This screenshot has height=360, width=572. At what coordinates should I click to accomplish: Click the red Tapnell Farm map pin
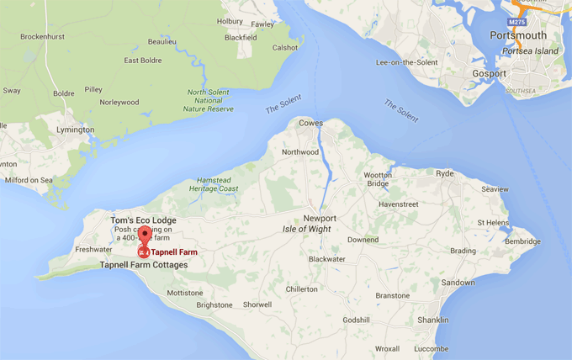pyautogui.click(x=144, y=238)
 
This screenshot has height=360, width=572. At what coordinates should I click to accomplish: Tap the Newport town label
pyautogui.click(x=320, y=216)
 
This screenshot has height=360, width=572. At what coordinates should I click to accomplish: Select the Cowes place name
pyautogui.click(x=311, y=123)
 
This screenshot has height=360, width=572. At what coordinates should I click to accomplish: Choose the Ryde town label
pyautogui.click(x=444, y=173)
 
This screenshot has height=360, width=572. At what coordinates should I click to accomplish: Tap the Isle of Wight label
pyautogui.click(x=306, y=229)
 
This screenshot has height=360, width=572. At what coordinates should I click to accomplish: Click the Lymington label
pyautogui.click(x=73, y=130)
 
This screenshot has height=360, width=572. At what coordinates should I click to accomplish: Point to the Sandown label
pyautogui.click(x=458, y=283)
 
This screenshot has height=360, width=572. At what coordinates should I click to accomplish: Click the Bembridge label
pyautogui.click(x=522, y=241)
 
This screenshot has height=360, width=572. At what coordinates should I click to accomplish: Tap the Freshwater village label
pyautogui.click(x=93, y=250)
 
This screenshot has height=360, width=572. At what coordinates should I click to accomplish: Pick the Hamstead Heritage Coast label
pyautogui.click(x=217, y=184)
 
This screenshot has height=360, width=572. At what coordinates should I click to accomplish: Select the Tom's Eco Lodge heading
pyautogui.click(x=144, y=220)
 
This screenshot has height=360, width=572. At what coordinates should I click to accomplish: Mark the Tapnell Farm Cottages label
pyautogui.click(x=144, y=265)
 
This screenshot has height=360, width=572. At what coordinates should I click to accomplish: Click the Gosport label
pyautogui.click(x=489, y=73)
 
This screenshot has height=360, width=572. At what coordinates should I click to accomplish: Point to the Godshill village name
pyautogui.click(x=356, y=320)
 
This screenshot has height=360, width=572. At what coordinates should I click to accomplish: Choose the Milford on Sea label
pyautogui.click(x=28, y=180)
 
